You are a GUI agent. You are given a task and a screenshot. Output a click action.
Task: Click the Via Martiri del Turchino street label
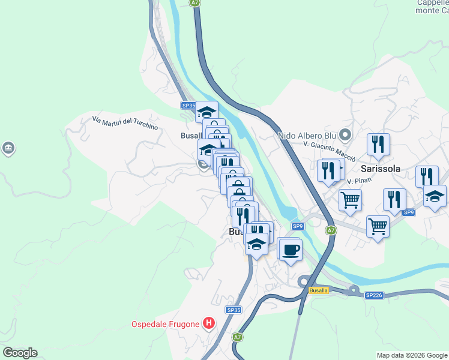point(125,123)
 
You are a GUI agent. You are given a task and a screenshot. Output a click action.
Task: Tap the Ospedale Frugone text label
point(165,325)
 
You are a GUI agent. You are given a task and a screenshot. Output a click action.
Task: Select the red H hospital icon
point(209,324)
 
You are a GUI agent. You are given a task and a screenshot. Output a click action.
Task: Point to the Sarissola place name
point(380,169)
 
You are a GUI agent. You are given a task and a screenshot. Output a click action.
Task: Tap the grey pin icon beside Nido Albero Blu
point(345,134)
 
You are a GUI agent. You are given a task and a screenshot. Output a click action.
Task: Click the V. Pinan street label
point(356,180)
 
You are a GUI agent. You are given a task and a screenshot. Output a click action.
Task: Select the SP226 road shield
point(373,295)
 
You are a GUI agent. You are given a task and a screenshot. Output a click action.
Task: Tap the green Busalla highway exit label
point(318,290)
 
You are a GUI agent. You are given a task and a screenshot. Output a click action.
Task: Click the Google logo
point(20,353)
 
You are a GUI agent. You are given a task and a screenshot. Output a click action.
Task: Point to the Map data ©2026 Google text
point(412,355)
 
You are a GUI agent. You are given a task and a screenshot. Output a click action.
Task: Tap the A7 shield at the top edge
point(194,3)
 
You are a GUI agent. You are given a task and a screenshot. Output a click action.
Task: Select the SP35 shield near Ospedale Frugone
point(234,310)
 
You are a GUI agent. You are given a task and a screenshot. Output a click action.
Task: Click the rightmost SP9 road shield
point(409,213)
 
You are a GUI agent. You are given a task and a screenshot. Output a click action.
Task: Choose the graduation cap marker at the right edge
point(435,196)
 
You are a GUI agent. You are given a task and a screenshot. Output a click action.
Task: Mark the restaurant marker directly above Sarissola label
point(378,143)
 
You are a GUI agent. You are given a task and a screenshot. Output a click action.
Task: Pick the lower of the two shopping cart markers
point(378,226)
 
